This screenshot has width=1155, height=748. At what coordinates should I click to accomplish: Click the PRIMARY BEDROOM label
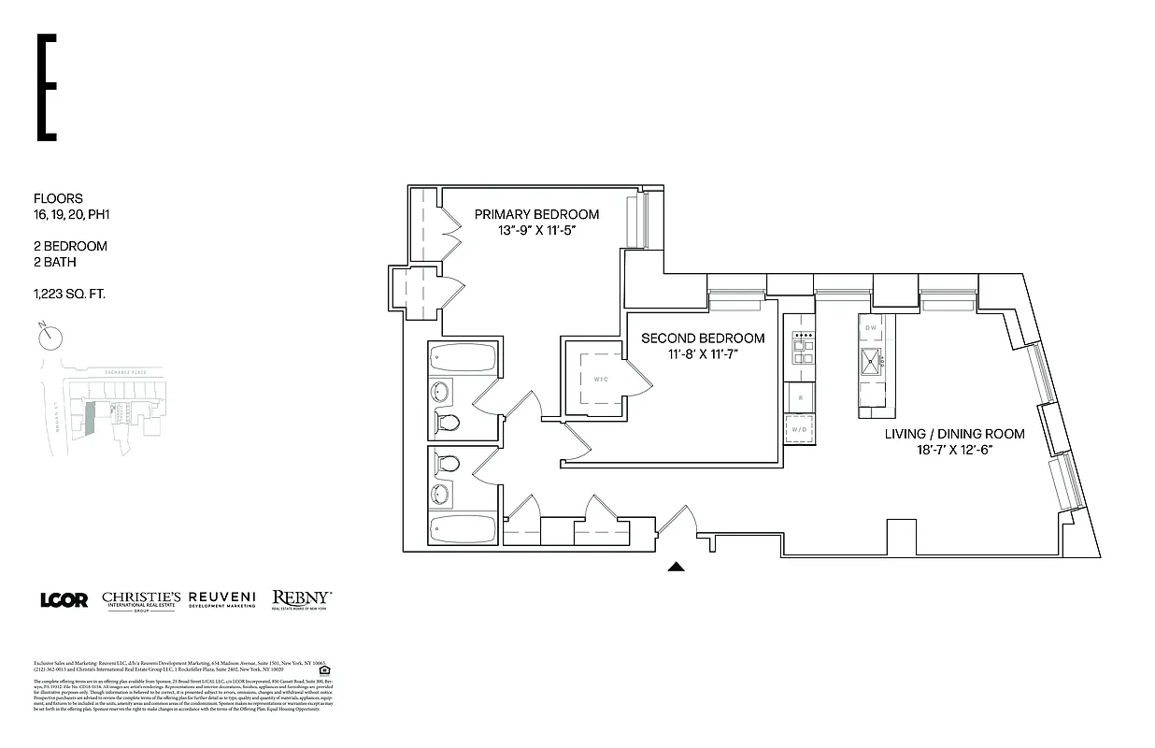click(535, 214)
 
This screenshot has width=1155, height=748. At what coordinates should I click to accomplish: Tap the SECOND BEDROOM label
click(703, 338)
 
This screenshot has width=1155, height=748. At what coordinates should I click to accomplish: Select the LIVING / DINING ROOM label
click(954, 434)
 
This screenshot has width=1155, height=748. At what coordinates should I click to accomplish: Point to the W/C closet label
click(600, 380)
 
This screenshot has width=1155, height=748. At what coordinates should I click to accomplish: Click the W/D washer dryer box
click(798, 430)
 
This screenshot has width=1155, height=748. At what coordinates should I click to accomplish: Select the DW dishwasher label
click(871, 327)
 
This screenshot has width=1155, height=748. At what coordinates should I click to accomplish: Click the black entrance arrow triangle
click(676, 567)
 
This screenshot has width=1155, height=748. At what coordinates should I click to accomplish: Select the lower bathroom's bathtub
click(464, 530)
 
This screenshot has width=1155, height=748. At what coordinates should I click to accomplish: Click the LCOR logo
click(64, 599)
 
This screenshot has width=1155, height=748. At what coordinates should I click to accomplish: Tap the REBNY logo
click(301, 599)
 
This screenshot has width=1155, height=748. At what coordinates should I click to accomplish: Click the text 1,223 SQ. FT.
click(69, 294)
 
